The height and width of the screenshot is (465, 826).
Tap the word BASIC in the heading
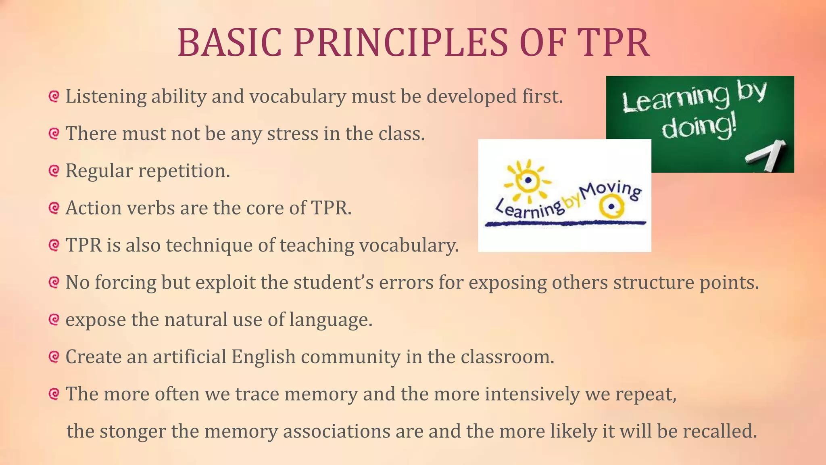(229, 42)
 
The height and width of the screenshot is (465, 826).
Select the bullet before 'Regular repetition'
(54, 171)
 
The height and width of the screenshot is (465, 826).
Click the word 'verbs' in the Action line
(151, 208)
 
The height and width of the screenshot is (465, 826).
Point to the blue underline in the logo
(565, 223)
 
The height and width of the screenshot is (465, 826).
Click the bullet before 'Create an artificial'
(54, 356)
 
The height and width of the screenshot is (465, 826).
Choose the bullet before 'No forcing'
(54, 282)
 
